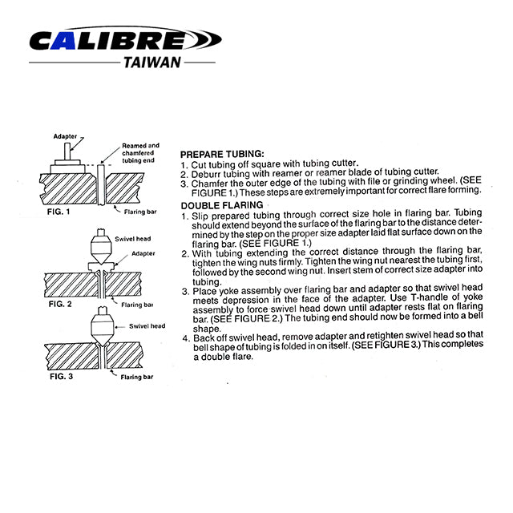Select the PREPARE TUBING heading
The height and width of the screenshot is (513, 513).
[x=222, y=153]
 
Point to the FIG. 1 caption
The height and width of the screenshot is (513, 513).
[x=59, y=212]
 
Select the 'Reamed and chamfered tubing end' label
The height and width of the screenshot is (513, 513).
[x=141, y=151]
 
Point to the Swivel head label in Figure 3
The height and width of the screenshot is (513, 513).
[x=147, y=326]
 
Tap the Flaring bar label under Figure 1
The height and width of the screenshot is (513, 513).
[x=141, y=212]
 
